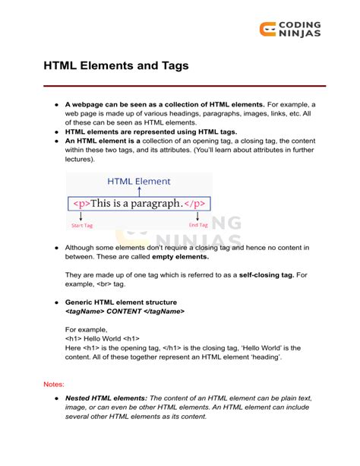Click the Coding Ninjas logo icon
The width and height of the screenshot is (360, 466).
[267, 29]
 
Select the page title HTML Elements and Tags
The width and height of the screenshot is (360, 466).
[115, 66]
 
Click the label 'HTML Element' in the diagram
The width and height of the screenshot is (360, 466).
[139, 182]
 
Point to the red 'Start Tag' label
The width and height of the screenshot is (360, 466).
[81, 226]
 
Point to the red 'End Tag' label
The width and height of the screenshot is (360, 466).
[197, 225]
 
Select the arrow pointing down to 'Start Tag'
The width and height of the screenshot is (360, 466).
[81, 216]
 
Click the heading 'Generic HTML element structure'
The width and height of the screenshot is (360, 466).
[122, 302]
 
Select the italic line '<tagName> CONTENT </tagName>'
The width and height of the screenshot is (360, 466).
[125, 312]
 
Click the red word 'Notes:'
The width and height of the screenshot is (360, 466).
[54, 385]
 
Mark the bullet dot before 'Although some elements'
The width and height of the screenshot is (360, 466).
[56, 248]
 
